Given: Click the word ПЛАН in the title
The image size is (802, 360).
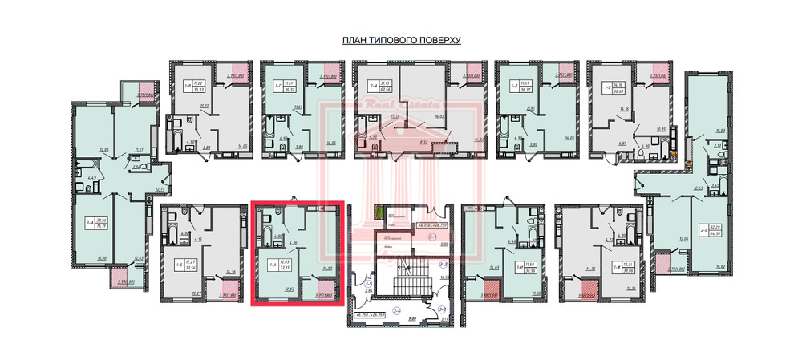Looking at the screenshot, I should pos(354,41).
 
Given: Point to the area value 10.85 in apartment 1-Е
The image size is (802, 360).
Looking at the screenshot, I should pos(662,129).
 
